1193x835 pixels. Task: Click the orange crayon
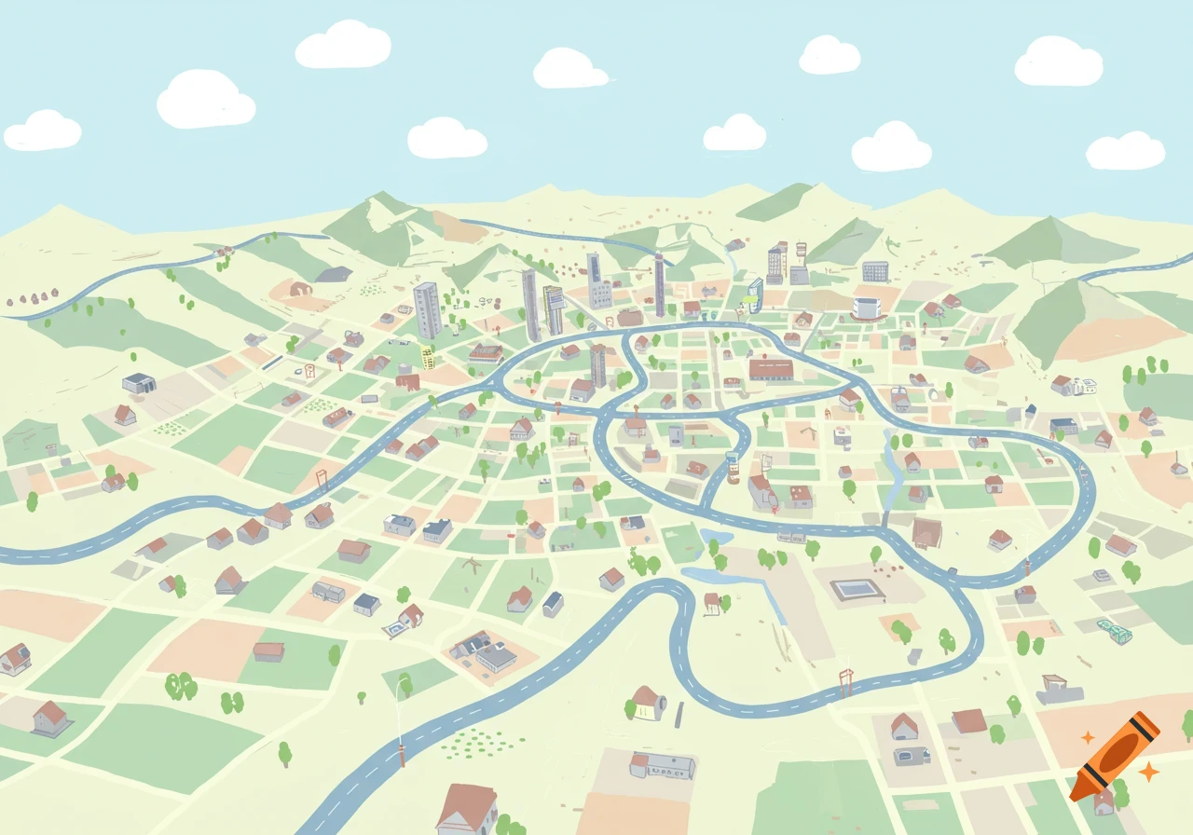tap(1115, 756)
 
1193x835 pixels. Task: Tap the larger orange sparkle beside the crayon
tap(1149, 771)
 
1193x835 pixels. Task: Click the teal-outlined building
tap(1114, 632)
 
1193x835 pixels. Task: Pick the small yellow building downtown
tap(428, 357)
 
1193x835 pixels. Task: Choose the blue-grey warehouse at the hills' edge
tap(138, 382)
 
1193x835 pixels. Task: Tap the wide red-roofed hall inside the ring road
tap(771, 369)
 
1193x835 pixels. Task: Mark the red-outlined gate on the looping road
tap(846, 681)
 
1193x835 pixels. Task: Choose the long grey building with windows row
tap(664, 765)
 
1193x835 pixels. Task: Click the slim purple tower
tap(660, 284)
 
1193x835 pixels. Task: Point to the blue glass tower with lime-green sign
tap(753, 294)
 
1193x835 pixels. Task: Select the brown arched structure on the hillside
tap(300, 289)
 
